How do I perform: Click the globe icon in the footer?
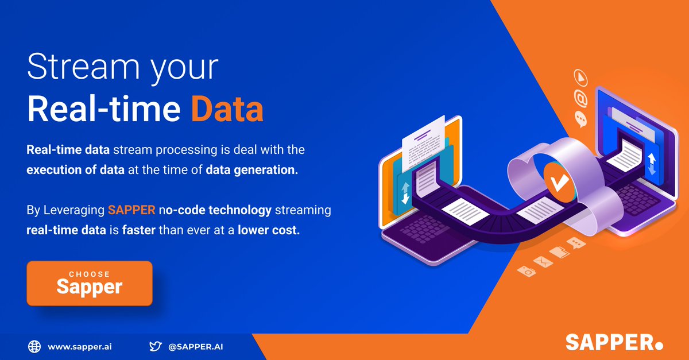(x=34, y=346)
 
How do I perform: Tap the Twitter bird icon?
(x=155, y=346)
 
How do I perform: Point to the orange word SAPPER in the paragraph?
(x=131, y=210)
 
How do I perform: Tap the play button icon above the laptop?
(x=580, y=77)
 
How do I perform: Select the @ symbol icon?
(x=581, y=99)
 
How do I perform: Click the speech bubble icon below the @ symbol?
(x=580, y=119)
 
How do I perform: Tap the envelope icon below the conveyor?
(x=543, y=262)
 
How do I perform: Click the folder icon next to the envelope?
(x=560, y=253)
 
